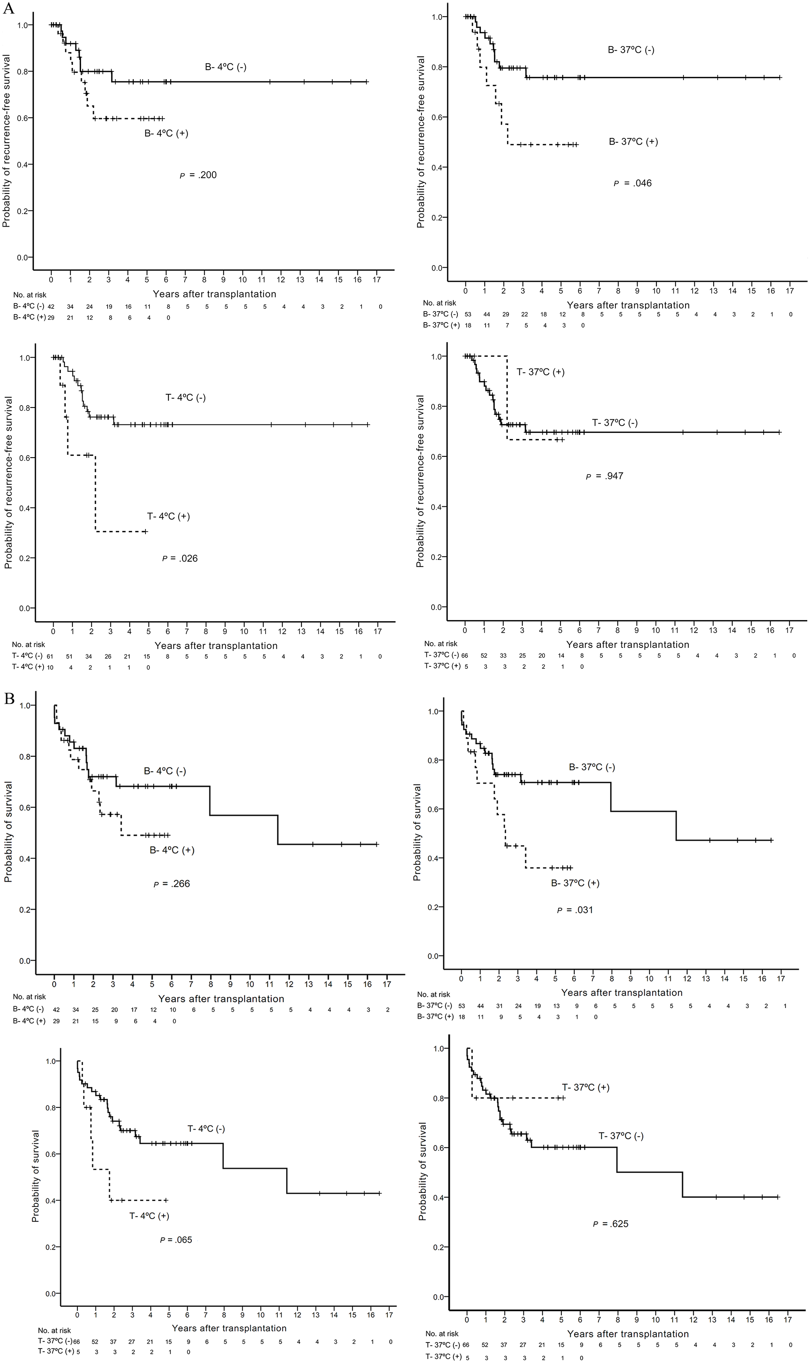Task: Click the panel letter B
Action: (x=8, y=699)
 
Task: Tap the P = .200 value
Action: (x=198, y=175)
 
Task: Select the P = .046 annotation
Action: (x=633, y=183)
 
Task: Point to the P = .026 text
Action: (x=180, y=558)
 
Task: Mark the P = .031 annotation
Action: (x=575, y=910)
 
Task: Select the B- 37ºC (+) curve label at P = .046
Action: (x=633, y=142)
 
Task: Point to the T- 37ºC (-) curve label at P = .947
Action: (x=615, y=422)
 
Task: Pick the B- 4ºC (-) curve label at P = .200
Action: (x=226, y=67)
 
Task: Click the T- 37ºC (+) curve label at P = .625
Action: (x=586, y=1087)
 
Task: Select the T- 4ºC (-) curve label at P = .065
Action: (x=206, y=1128)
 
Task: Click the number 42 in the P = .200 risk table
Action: (x=51, y=307)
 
